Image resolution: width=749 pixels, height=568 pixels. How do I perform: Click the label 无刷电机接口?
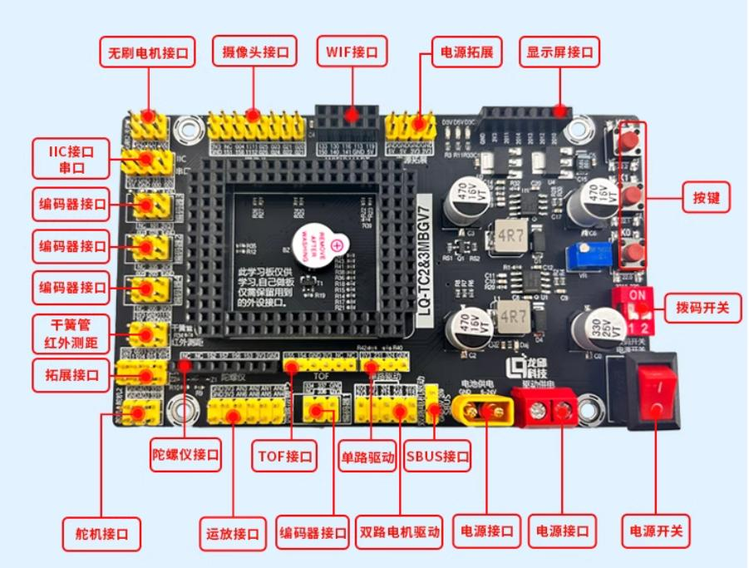coord(147,53)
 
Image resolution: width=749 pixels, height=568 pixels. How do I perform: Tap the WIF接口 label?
coord(352,52)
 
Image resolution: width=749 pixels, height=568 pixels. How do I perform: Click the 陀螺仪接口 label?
coord(186,455)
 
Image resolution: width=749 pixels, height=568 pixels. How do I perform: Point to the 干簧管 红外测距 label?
coord(71,332)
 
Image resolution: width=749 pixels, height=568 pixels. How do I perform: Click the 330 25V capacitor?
coord(597,326)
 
